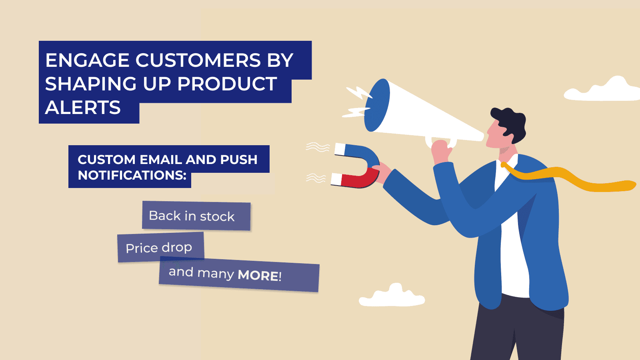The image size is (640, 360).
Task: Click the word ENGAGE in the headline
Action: [x=88, y=60]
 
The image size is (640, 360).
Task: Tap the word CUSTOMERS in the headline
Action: [x=198, y=60]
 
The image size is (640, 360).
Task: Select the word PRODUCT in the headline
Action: [x=227, y=84]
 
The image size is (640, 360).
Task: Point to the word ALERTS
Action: [x=83, y=108]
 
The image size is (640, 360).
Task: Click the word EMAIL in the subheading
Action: [x=160, y=160]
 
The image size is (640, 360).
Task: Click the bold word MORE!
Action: [x=260, y=276]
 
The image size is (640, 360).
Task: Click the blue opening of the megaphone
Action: [x=377, y=105]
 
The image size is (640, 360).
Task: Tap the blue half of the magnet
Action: [x=362, y=156]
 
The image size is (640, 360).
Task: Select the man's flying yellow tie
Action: [x=568, y=178]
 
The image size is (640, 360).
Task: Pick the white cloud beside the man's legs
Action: [x=392, y=296]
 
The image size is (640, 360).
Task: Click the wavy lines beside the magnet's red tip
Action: [x=316, y=178]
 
